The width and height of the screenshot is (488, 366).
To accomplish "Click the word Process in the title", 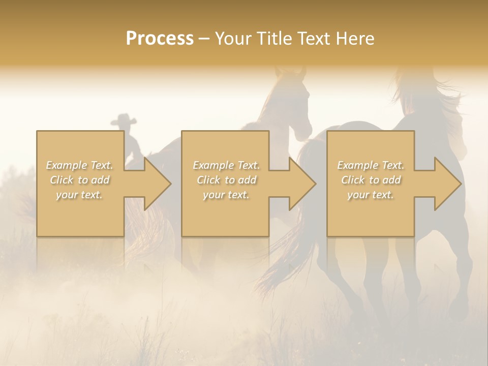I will (160, 39).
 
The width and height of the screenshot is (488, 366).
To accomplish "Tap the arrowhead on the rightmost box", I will (447, 184).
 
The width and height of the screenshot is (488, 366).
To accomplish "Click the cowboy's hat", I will (124, 120).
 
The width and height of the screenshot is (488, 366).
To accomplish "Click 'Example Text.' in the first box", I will (80, 165).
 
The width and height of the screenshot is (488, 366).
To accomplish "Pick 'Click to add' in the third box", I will (371, 180).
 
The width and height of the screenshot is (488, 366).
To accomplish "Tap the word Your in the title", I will (231, 39).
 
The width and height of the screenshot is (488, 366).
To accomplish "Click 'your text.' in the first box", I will (80, 195).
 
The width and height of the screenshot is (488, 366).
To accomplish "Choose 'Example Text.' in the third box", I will (371, 165).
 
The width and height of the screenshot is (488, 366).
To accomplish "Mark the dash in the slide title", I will (204, 39).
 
